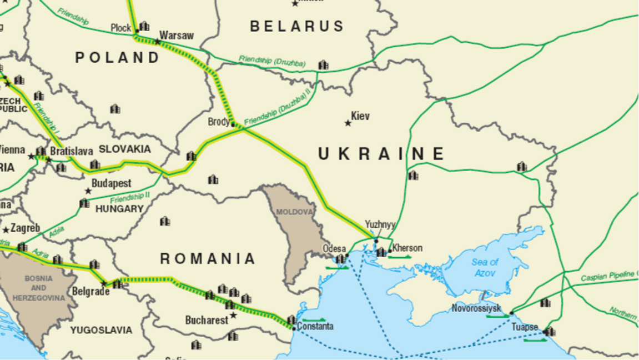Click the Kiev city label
point(360,116)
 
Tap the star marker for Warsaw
point(158,42)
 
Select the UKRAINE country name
point(381,154)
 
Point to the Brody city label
point(219,122)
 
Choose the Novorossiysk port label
point(476,308)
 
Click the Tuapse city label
point(525,327)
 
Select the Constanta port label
point(315,326)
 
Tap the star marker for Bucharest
point(233,315)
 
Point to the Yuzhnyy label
point(380,224)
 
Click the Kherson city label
point(407,248)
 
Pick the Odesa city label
point(335,249)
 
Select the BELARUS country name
point(297,26)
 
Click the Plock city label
point(121,27)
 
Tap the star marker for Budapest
point(88,191)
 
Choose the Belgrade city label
point(90,291)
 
